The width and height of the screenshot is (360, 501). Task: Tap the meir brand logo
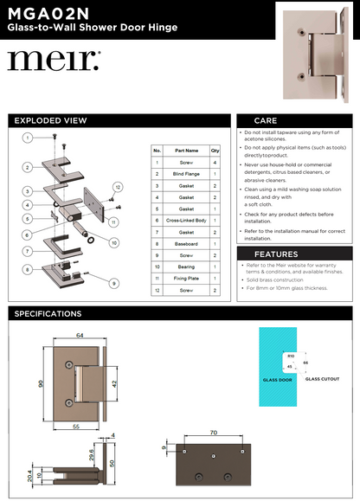(54, 61)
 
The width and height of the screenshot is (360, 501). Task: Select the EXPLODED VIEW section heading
(51, 121)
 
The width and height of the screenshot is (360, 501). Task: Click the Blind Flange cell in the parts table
(186, 174)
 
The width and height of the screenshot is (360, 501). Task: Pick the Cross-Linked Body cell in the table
(186, 221)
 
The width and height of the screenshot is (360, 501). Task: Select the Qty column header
(215, 151)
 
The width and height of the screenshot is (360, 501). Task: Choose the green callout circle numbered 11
(112, 222)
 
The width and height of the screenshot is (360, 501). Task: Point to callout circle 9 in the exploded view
(113, 283)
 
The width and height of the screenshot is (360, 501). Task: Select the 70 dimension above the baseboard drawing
(213, 430)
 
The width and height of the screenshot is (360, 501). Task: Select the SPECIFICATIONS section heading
(48, 313)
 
